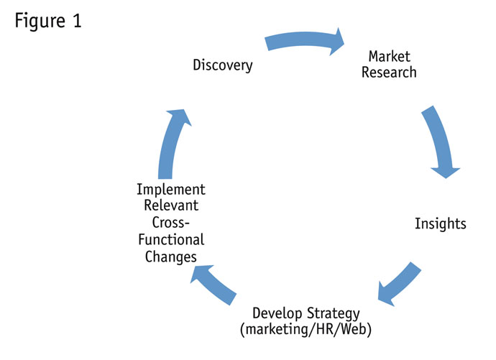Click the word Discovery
(223, 65)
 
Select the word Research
(392, 73)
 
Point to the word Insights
(440, 223)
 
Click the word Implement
(171, 190)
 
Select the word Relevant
(171, 206)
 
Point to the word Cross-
(171, 223)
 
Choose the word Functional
(171, 239)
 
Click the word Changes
(171, 257)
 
